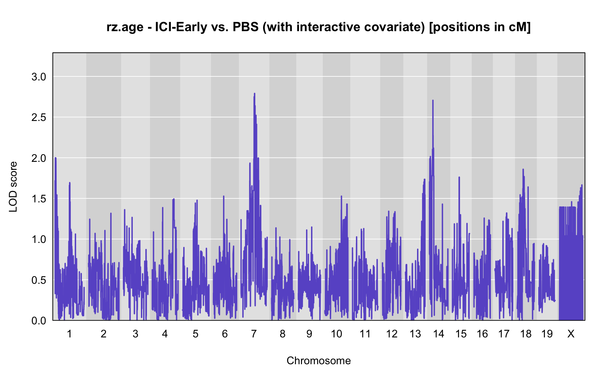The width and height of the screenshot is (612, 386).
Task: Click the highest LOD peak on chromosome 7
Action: point(254,93)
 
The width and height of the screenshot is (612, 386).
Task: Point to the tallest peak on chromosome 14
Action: point(433,100)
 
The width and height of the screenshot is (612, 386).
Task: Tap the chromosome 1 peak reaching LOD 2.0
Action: point(55,158)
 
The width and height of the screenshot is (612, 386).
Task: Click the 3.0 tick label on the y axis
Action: point(39,77)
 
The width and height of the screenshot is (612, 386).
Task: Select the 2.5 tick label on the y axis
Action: point(39,118)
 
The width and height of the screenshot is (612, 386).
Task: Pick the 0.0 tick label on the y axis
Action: point(39,321)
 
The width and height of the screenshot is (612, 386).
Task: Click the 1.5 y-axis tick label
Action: point(39,199)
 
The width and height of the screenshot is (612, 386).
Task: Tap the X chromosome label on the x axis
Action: point(571,334)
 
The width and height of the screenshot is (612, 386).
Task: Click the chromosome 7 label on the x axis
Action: point(254,334)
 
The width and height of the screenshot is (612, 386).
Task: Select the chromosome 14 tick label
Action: point(439,334)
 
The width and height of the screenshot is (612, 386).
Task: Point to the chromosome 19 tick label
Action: point(547,334)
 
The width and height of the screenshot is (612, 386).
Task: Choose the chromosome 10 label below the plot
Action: point(337,334)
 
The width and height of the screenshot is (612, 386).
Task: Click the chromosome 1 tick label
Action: point(69,334)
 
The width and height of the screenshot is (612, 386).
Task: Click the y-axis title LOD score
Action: point(13,187)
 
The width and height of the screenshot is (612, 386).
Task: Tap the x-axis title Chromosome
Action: point(319,361)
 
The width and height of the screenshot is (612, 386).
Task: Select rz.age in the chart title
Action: point(125,27)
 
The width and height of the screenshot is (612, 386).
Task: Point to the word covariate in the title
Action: point(399,27)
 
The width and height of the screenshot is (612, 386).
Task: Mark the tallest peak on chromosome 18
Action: point(523,169)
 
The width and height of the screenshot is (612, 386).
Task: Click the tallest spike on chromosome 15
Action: point(459,177)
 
